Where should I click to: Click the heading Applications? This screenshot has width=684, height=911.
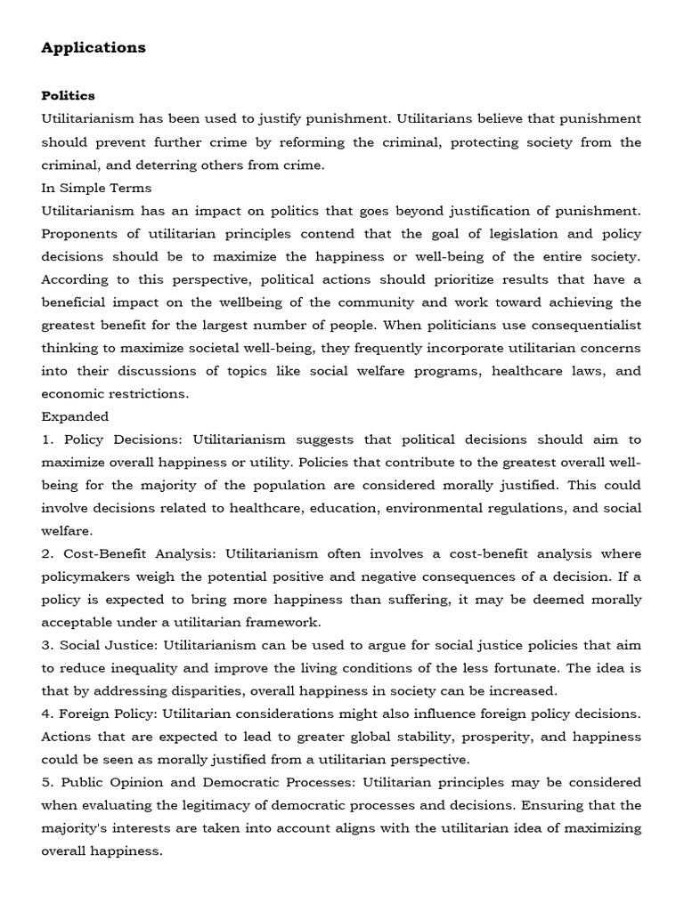coord(94,48)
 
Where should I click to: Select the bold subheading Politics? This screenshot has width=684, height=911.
coord(68,95)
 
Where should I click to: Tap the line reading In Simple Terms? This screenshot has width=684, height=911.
coord(96,188)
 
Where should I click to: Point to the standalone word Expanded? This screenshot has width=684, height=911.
coord(75,415)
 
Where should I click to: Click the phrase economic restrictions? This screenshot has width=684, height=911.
coord(114,393)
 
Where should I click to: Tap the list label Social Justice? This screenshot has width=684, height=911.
coord(105,645)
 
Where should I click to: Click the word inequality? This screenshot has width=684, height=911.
coord(134,668)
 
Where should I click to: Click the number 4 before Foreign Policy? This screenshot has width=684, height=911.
coord(46,713)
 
